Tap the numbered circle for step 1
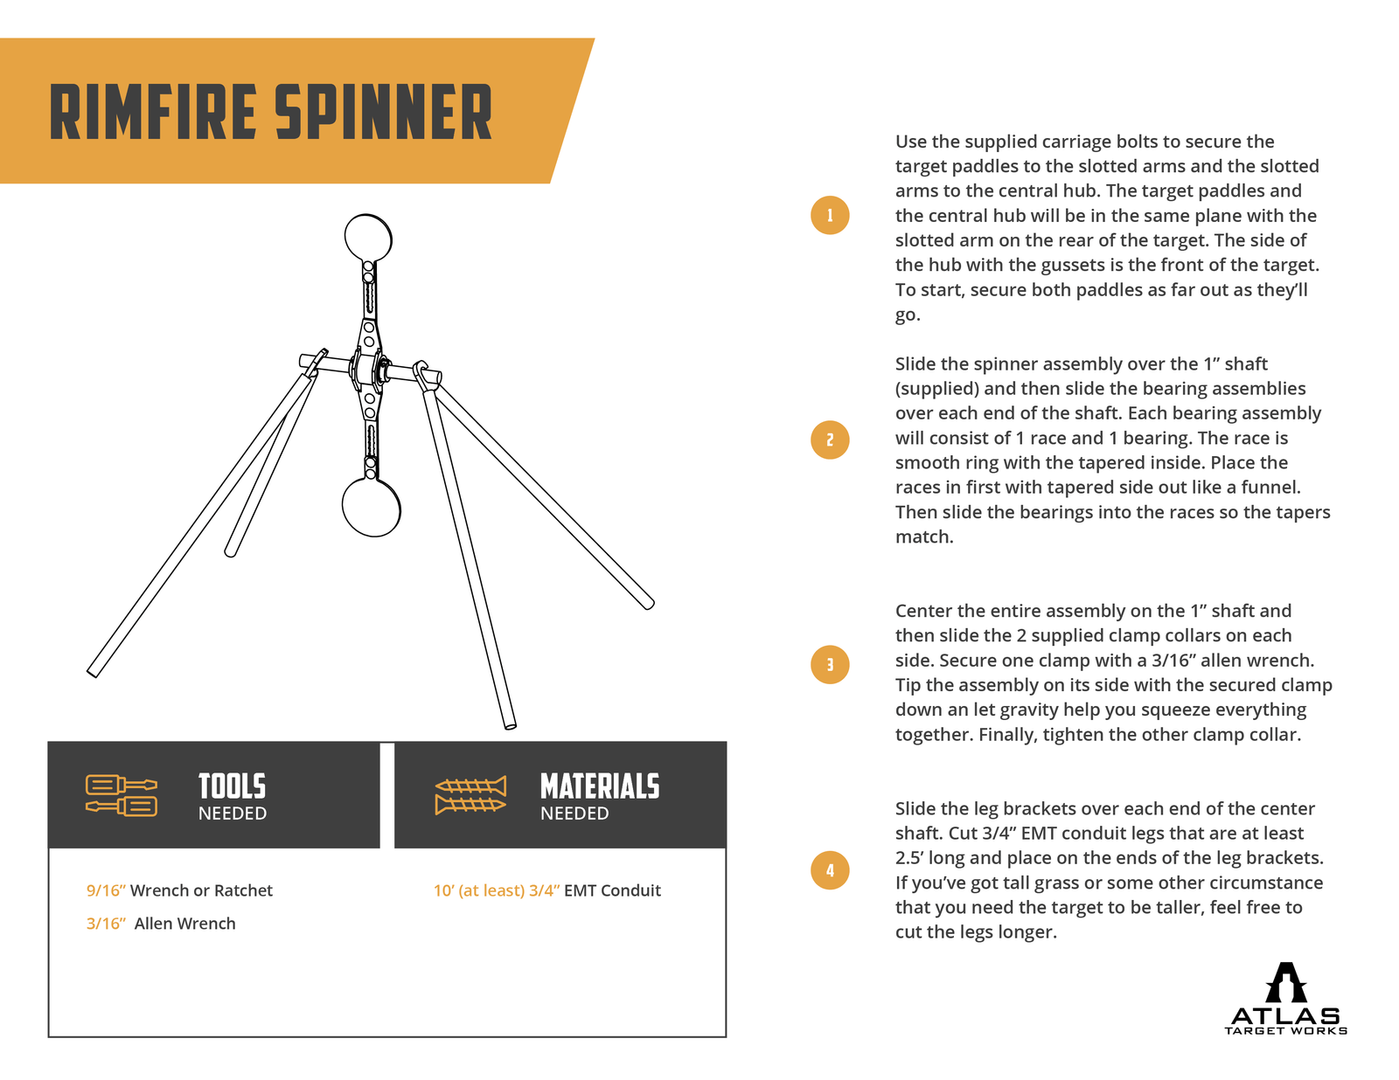click(x=830, y=215)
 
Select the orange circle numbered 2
click(x=830, y=440)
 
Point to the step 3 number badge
click(x=830, y=664)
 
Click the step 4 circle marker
click(x=830, y=870)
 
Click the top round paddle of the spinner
click(x=368, y=237)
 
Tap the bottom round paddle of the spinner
click(x=372, y=507)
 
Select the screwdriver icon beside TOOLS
click(x=122, y=794)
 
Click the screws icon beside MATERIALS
click(x=470, y=795)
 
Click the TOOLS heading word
click(x=232, y=786)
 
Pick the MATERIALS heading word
click(x=599, y=786)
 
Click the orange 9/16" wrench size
click(x=106, y=890)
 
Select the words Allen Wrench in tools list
click(x=184, y=924)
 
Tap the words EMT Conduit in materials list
click(x=612, y=890)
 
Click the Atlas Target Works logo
click(x=1285, y=1000)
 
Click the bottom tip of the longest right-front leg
click(x=510, y=723)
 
